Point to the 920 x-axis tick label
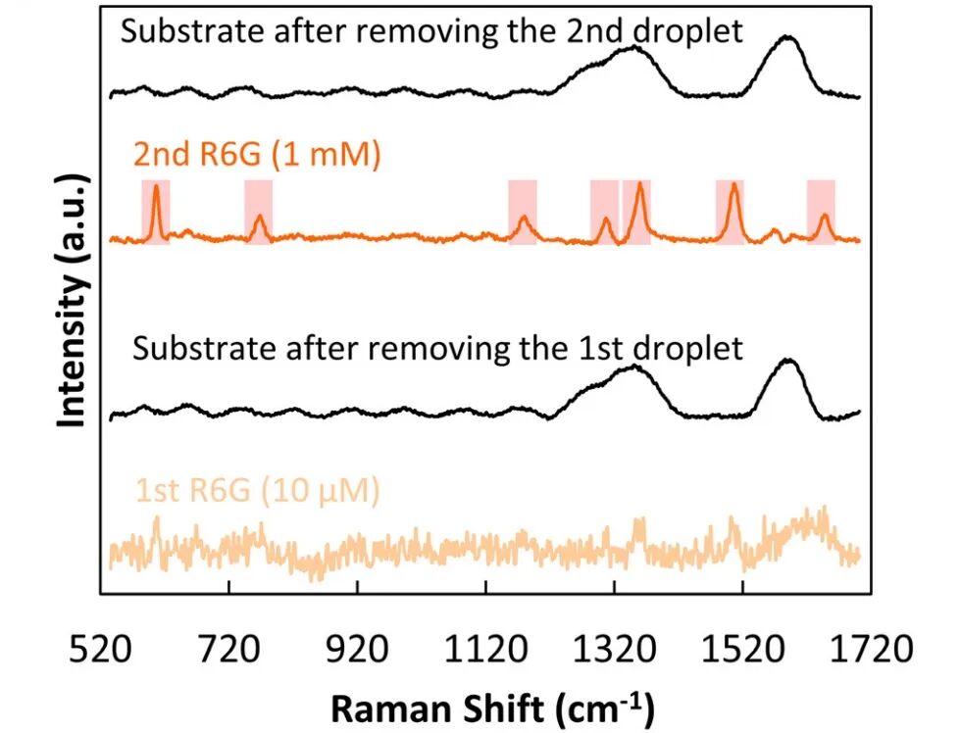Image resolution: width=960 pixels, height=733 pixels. [x=357, y=650]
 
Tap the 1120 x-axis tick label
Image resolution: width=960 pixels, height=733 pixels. [x=484, y=650]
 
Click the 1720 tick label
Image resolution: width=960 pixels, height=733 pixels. [x=867, y=650]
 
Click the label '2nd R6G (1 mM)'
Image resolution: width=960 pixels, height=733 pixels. [x=256, y=154]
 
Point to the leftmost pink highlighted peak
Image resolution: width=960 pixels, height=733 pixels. [x=155, y=211]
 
